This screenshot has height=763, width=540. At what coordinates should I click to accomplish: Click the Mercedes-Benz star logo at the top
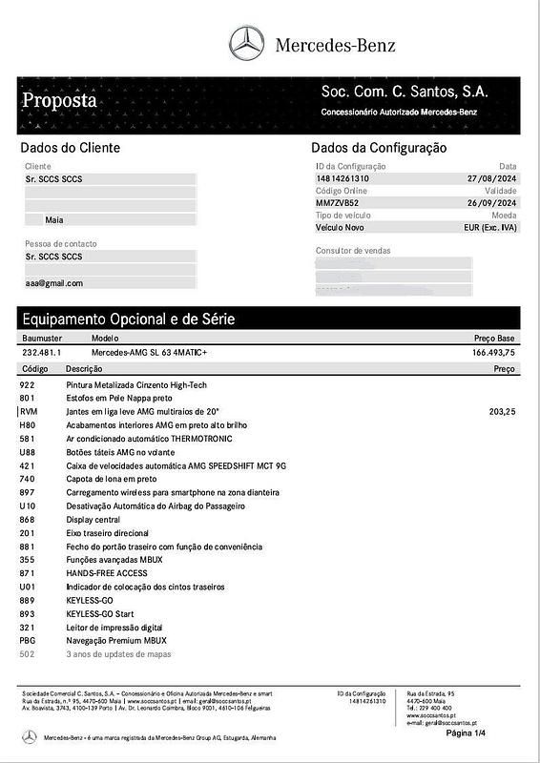pyautogui.click(x=246, y=44)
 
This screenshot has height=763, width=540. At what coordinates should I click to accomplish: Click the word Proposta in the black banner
pyautogui.click(x=59, y=100)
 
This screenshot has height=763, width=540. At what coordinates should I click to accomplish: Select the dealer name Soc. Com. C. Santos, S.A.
pyautogui.click(x=405, y=92)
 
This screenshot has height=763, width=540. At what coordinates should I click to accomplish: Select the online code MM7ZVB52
pyautogui.click(x=338, y=203)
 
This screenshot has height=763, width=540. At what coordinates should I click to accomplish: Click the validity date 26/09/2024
pyautogui.click(x=491, y=203)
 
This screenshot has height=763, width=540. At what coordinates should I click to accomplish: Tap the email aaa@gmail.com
pyautogui.click(x=54, y=283)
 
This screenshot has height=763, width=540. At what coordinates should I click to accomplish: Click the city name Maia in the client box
pyautogui.click(x=54, y=219)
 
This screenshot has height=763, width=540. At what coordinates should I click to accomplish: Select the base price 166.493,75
pyautogui.click(x=493, y=352)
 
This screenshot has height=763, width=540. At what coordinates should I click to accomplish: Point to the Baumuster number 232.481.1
pyautogui.click(x=42, y=352)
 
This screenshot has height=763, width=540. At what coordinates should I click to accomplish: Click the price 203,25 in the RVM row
pyautogui.click(x=501, y=411)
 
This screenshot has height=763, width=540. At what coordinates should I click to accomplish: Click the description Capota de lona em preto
pyautogui.click(x=112, y=479)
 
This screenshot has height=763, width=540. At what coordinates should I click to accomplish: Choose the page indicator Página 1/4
pyautogui.click(x=466, y=732)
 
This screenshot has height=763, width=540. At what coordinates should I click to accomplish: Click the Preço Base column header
pyautogui.click(x=494, y=339)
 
